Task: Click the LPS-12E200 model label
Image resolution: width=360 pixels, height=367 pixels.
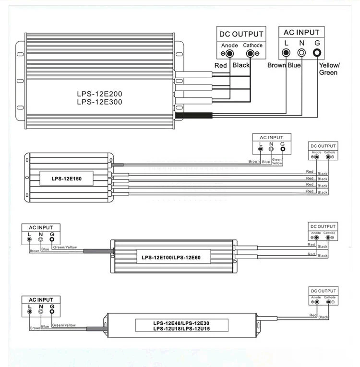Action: tap(99, 94)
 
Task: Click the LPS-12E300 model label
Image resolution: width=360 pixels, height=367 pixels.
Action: tap(99, 102)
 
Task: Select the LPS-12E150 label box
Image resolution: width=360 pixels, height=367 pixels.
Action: tap(67, 178)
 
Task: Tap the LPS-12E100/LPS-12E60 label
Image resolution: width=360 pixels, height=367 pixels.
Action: tap(171, 258)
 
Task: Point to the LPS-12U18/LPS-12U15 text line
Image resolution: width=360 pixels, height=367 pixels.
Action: tap(181, 329)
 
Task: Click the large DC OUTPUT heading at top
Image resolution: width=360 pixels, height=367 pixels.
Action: tap(241, 34)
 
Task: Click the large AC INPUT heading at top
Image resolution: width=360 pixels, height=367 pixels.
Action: tap(301, 32)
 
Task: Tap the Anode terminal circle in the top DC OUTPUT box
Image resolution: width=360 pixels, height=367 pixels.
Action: tap(230, 54)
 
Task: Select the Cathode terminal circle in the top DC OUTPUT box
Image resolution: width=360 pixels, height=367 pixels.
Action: tap(250, 54)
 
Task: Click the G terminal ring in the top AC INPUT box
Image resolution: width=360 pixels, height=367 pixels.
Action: tap(317, 53)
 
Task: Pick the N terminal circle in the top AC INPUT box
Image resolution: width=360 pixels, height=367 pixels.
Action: tap(301, 53)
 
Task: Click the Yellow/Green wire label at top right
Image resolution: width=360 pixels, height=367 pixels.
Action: tap(329, 69)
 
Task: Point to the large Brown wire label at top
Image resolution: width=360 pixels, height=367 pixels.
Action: tap(276, 65)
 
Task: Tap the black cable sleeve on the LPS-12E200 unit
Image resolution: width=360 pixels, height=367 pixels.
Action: tap(194, 116)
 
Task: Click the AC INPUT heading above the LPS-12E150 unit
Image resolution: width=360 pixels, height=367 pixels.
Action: tap(272, 137)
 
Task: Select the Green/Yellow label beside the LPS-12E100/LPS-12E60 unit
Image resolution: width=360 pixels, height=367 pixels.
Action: tap(65, 247)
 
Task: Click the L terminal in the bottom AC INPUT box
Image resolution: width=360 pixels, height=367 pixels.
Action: tap(29, 311)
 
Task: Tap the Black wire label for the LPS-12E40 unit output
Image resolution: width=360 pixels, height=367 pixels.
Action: tap(323, 317)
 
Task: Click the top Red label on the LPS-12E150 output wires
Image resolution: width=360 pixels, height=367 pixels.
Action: tap(310, 172)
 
